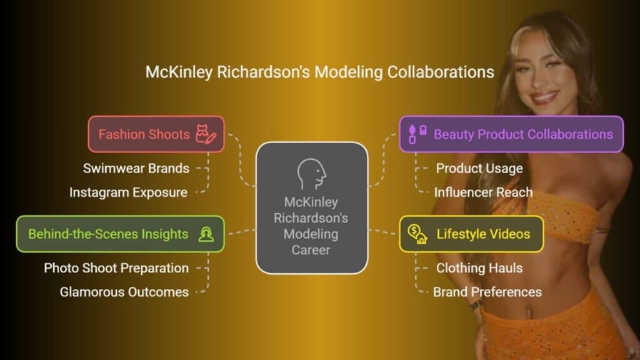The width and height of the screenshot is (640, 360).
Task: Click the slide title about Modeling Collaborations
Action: [319, 72]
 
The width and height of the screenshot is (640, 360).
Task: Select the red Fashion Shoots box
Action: [156, 134]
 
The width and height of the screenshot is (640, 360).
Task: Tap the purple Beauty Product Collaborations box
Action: [511, 134]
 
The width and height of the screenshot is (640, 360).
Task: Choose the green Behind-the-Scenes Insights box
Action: [121, 234]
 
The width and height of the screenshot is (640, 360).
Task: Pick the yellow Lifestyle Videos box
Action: [471, 234]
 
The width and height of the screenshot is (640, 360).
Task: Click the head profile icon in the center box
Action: [311, 174]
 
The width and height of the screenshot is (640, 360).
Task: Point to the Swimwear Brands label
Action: [136, 168]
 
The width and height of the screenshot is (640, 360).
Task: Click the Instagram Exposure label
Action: [128, 192]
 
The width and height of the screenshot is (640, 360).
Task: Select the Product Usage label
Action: [479, 168]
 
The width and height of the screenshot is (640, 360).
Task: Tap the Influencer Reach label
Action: [483, 192]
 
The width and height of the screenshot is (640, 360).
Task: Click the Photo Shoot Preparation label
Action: [116, 267]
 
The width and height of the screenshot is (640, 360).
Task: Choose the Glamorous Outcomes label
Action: [124, 292]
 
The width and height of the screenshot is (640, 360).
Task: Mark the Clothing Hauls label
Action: [479, 267]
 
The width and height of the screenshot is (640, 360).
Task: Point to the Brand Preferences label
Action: [487, 292]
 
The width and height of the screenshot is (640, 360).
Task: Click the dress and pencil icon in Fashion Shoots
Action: [206, 134]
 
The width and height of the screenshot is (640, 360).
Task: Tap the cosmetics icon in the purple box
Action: [417, 134]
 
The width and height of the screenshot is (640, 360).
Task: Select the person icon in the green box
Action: [206, 234]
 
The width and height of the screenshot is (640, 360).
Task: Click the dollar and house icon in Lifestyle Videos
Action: [417, 234]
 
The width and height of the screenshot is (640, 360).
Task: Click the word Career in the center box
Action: [311, 250]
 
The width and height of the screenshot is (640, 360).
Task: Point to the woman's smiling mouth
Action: [543, 98]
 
